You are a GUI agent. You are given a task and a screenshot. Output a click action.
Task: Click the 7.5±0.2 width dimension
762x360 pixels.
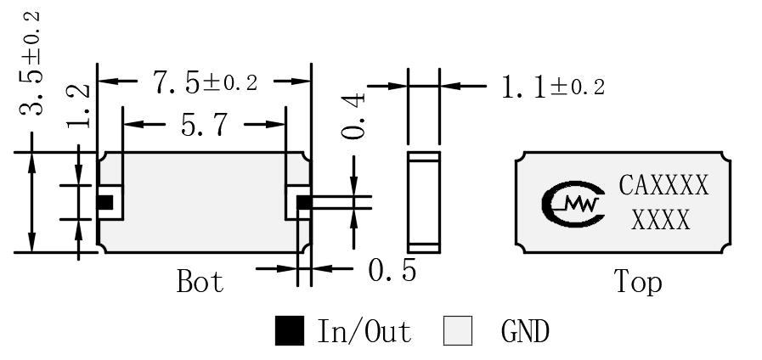pos(205,82)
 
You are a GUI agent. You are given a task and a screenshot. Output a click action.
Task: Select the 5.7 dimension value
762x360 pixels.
pos(204,125)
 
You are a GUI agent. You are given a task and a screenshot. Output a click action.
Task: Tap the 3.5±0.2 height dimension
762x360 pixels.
pos(31,65)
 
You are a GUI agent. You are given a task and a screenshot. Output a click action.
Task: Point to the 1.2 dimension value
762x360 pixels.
pos(78,106)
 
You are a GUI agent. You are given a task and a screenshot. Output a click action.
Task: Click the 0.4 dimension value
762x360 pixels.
pos(353,116)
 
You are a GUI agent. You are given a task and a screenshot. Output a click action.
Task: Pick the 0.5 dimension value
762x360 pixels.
pos(392,270)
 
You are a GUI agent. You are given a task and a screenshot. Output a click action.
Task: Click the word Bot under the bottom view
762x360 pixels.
pos(200,281)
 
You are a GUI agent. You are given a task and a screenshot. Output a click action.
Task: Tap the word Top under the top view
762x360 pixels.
pos(638,282)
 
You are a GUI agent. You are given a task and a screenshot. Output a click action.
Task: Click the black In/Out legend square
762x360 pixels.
pos(290,331)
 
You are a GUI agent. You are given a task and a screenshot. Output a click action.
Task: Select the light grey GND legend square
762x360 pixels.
pos(458,331)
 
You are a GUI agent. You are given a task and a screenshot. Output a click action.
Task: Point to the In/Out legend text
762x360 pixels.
pos(364,331)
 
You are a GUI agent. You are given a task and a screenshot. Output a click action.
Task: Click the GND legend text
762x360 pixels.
pos(525,332)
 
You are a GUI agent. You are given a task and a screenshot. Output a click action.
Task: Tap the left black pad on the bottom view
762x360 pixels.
pos(104,203)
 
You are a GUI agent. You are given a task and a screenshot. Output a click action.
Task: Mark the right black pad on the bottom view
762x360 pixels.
pos(304,203)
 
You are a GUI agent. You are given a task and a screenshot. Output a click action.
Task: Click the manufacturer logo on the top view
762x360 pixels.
pos(573,205)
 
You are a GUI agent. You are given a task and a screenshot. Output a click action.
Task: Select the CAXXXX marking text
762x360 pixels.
pos(663,185)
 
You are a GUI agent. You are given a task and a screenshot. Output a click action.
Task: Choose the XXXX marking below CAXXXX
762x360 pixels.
pos(661,220)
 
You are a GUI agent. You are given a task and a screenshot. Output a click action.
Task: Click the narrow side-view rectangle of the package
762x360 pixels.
pos(424,203)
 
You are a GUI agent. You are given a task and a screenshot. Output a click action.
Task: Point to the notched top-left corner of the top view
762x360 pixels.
pos(521,157)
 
